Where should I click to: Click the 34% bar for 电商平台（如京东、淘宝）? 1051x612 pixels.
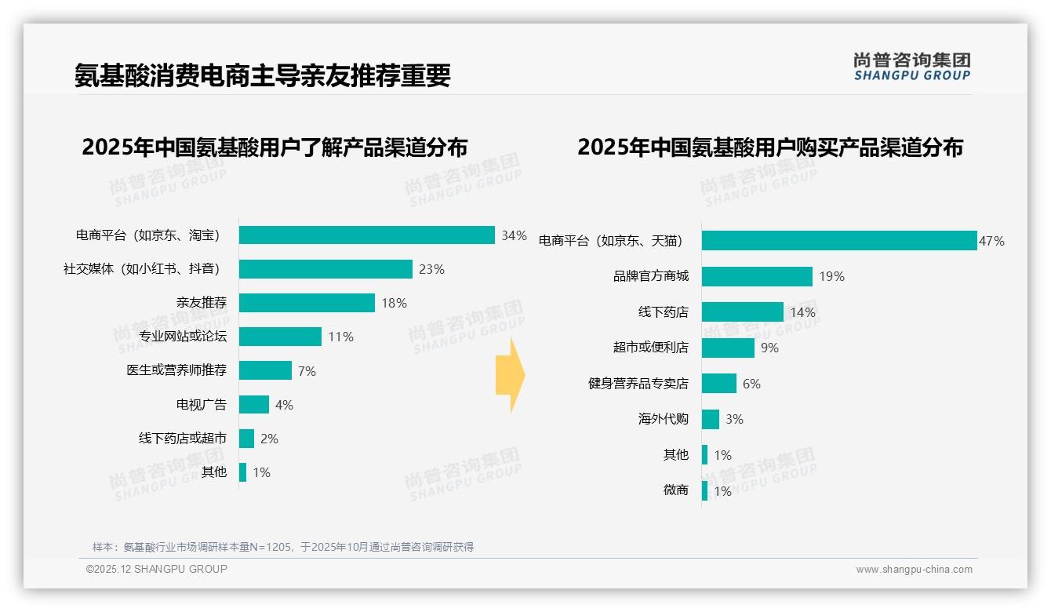click(x=366, y=235)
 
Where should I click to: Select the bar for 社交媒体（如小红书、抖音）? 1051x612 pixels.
click(x=325, y=269)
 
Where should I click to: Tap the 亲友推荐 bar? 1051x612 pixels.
click(x=307, y=303)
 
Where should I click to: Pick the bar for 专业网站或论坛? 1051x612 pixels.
click(x=280, y=337)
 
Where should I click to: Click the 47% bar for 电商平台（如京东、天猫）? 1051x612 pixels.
click(x=838, y=241)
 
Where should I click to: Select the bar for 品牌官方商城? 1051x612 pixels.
click(x=757, y=276)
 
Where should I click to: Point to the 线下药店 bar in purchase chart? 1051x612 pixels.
click(x=742, y=312)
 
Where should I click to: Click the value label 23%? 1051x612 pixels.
click(x=431, y=269)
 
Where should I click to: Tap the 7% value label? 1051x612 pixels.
click(x=307, y=371)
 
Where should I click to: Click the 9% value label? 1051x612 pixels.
click(x=769, y=348)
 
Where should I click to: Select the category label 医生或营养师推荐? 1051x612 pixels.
click(x=176, y=370)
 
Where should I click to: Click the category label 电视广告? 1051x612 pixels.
click(x=202, y=405)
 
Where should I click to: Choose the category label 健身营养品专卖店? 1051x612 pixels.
click(x=638, y=384)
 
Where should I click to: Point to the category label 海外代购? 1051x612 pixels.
click(x=664, y=419)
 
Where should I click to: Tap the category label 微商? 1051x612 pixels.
click(x=676, y=490)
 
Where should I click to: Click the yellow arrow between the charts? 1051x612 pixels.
click(x=510, y=375)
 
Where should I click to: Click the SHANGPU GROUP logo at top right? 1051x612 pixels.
click(x=911, y=67)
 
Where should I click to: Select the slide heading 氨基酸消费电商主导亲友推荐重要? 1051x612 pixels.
click(x=263, y=75)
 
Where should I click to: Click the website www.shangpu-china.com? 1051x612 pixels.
click(x=914, y=570)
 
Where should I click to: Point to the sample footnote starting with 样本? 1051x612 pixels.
click(x=283, y=547)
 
